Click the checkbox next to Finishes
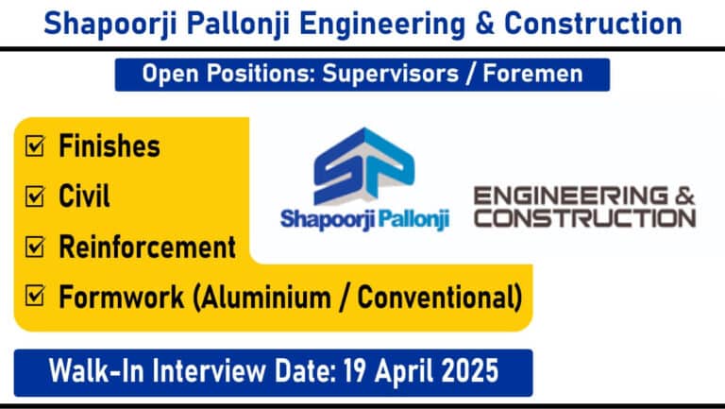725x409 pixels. click(x=35, y=146)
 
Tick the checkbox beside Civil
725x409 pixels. click(x=35, y=196)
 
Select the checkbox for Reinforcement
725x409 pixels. click(x=35, y=247)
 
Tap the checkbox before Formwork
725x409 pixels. click(x=35, y=296)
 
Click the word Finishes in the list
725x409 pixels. click(x=110, y=145)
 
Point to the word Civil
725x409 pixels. click(x=84, y=196)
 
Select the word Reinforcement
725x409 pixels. click(x=147, y=247)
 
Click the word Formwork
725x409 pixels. click(x=121, y=297)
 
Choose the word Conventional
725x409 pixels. click(x=436, y=297)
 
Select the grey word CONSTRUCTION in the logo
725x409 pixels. click(x=585, y=218)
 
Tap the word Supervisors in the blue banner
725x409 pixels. click(x=390, y=74)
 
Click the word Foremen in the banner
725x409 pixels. click(x=532, y=74)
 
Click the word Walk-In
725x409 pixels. click(x=95, y=371)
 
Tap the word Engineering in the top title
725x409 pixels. click(x=382, y=24)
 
